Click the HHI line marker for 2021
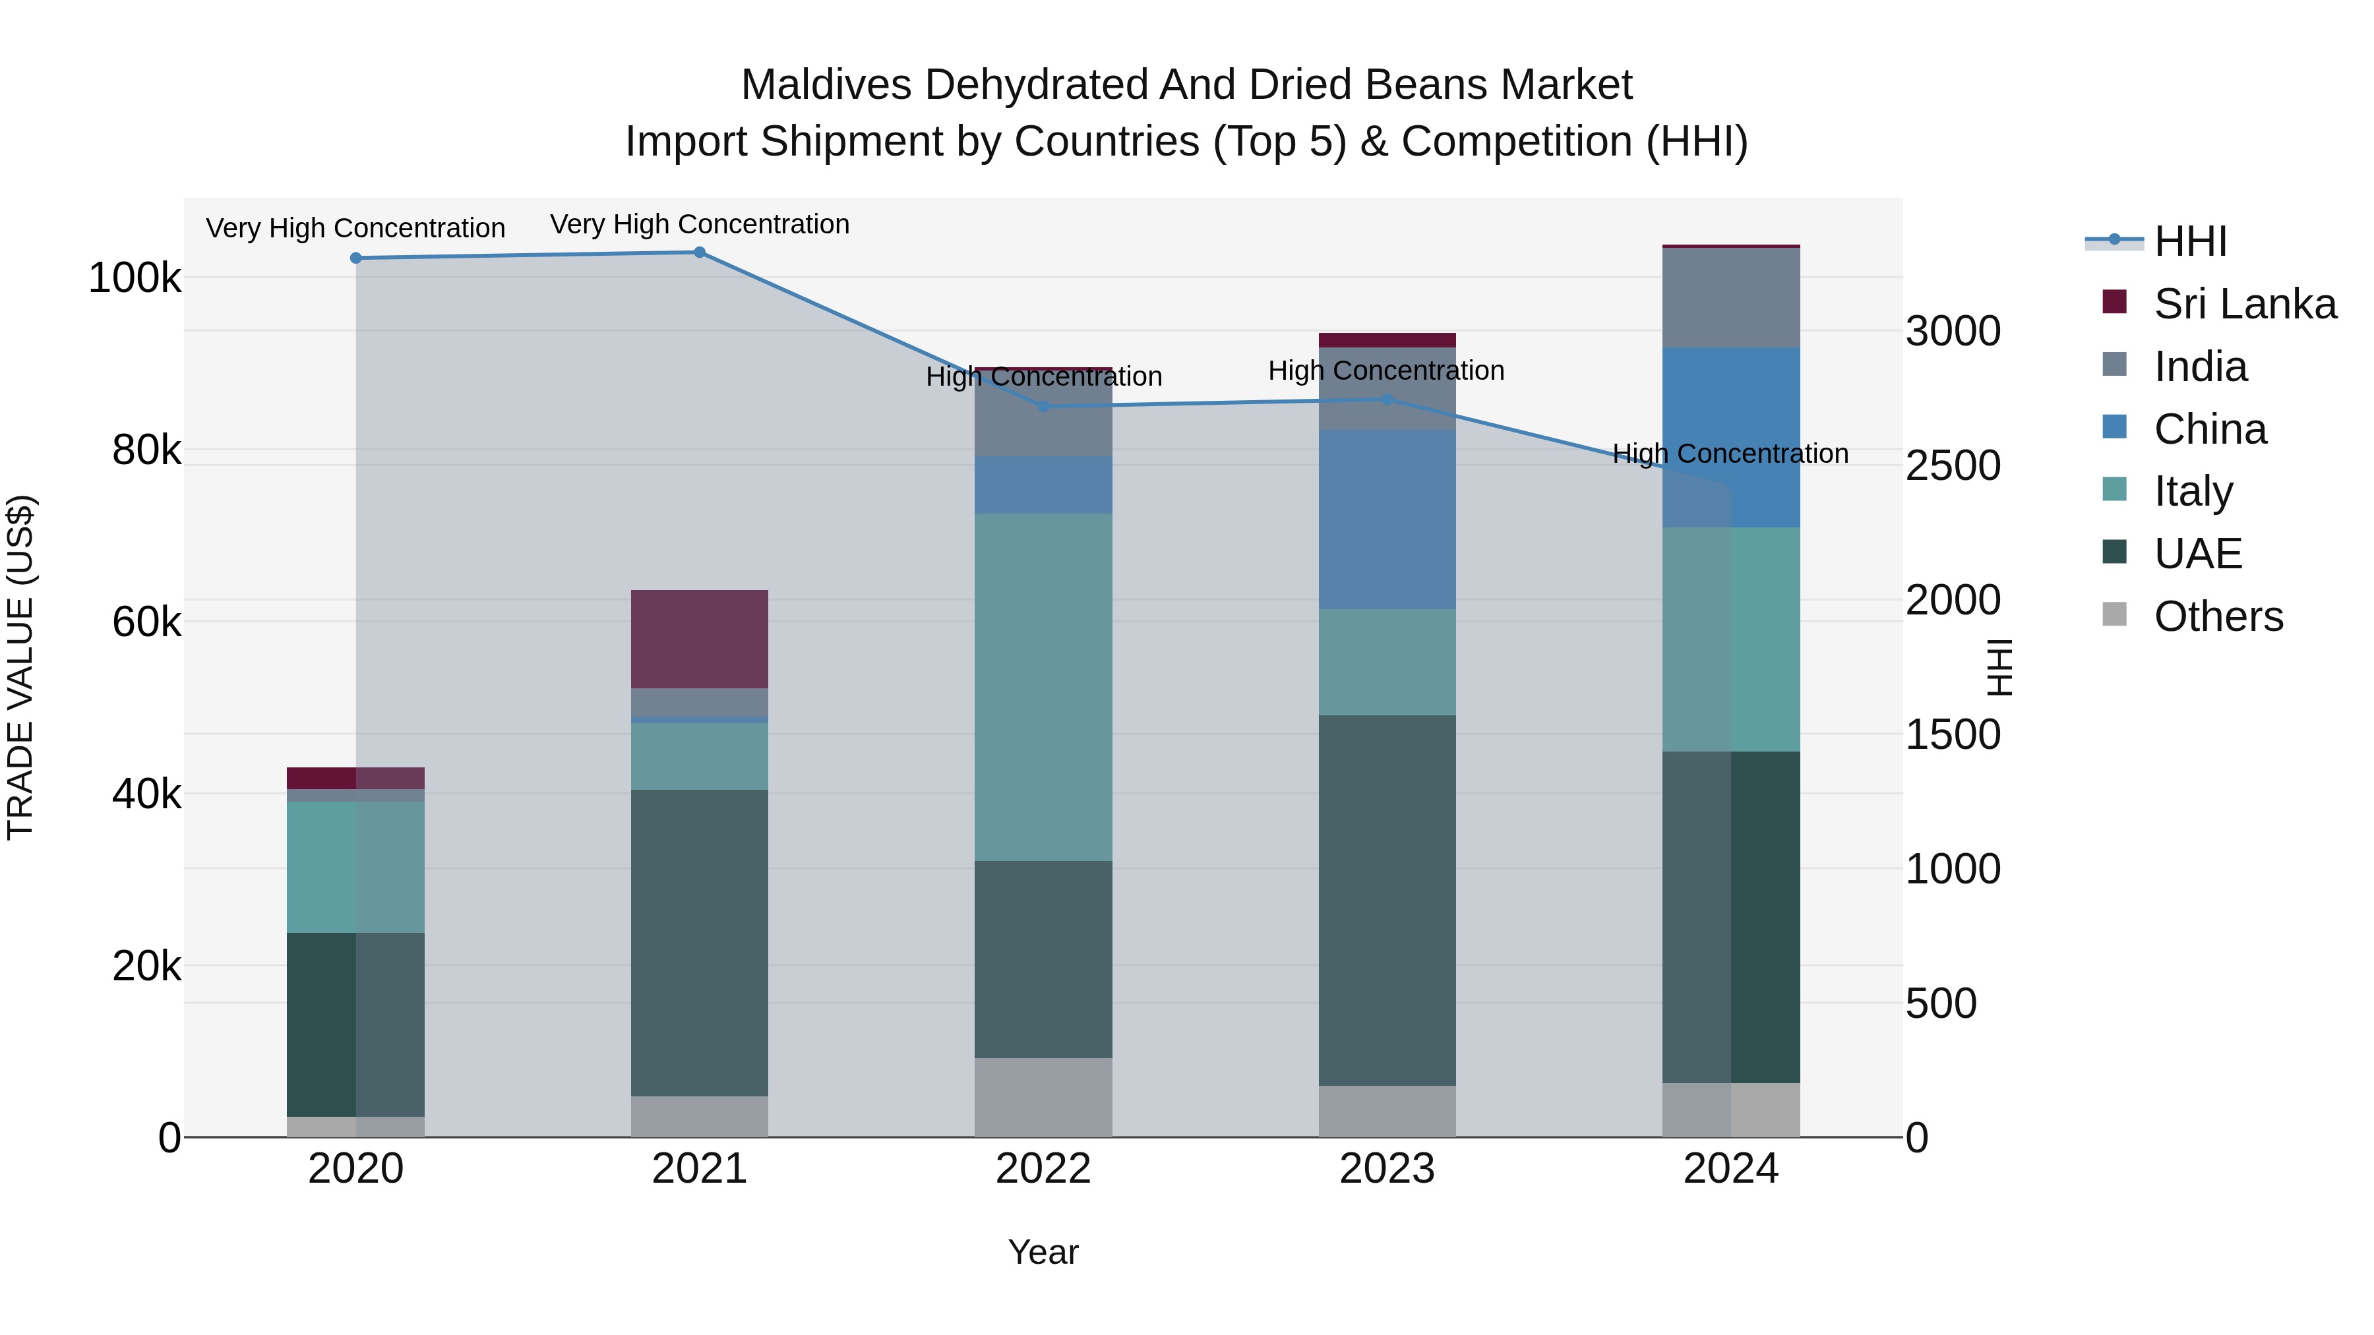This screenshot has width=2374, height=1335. click(700, 252)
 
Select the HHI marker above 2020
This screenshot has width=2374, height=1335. click(355, 258)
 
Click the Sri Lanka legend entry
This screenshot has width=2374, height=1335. click(2244, 304)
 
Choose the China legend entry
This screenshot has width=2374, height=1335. click(2209, 429)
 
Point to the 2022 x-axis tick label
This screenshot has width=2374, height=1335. click(1043, 1169)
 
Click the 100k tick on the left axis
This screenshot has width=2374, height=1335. click(135, 278)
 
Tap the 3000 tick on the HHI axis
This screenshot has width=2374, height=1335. click(1953, 332)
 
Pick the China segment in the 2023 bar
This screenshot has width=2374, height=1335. click(1387, 519)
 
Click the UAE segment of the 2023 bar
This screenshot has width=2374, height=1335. click(1387, 899)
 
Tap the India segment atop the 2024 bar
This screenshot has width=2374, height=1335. click(1731, 297)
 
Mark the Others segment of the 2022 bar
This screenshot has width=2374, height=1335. click(1043, 1096)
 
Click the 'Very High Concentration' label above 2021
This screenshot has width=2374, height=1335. click(700, 225)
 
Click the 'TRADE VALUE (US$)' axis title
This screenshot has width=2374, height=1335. click(20, 667)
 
